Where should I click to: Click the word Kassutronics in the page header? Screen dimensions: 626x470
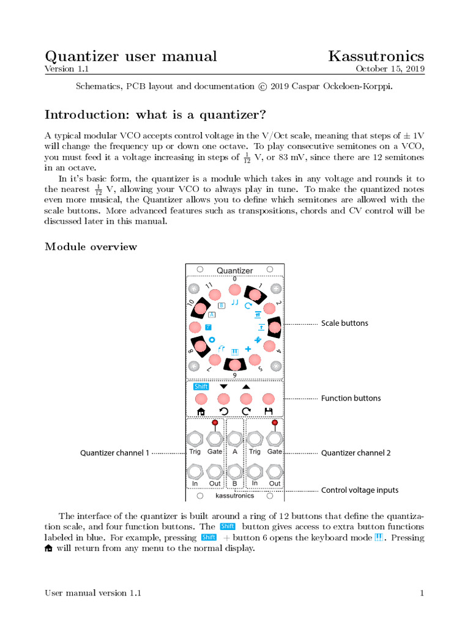click(376, 56)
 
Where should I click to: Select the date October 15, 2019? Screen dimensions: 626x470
click(390, 69)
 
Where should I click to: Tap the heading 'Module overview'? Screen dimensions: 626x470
click(91, 247)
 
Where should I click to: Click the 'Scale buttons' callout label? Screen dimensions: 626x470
click(345, 323)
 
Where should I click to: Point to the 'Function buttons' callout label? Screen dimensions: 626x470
click(351, 399)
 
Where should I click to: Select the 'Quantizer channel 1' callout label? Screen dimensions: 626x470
click(114, 453)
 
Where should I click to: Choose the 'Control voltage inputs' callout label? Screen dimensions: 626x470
click(359, 490)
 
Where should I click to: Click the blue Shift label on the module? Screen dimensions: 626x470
click(201, 386)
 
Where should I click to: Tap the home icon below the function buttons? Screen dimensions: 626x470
click(201, 411)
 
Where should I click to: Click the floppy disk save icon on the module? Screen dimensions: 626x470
click(267, 411)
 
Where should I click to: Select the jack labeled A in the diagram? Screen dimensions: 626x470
click(234, 438)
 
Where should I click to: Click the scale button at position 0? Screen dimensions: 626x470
click(234, 289)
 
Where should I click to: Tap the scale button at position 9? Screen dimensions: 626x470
click(234, 365)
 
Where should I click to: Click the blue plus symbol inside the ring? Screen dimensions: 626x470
click(248, 348)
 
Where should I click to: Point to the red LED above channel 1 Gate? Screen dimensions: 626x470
click(215, 422)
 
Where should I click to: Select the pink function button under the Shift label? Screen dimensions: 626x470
click(201, 399)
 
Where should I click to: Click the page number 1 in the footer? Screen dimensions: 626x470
click(422, 593)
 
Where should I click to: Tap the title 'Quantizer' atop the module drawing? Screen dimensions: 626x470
click(234, 270)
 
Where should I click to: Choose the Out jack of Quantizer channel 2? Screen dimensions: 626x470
click(274, 471)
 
